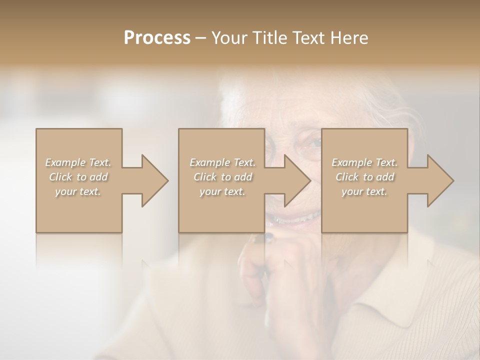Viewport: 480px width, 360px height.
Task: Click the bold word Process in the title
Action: click(157, 38)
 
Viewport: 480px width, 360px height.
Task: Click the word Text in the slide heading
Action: click(308, 38)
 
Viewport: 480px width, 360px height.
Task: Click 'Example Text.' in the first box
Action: click(78, 162)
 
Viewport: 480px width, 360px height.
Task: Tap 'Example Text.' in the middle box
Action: click(222, 162)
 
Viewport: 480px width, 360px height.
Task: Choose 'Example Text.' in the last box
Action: click(364, 162)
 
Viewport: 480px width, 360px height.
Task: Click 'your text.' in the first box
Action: click(78, 191)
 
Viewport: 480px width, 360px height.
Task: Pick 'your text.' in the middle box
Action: click(222, 191)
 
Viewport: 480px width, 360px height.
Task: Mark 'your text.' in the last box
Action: click(364, 191)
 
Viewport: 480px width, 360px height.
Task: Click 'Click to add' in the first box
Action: click(78, 177)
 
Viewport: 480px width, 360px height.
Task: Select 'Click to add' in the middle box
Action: click(222, 177)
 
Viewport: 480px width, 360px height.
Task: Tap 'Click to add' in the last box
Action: click(364, 177)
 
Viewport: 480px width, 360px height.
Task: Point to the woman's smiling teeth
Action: click(300, 218)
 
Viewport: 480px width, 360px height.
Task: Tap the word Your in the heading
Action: click(228, 38)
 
